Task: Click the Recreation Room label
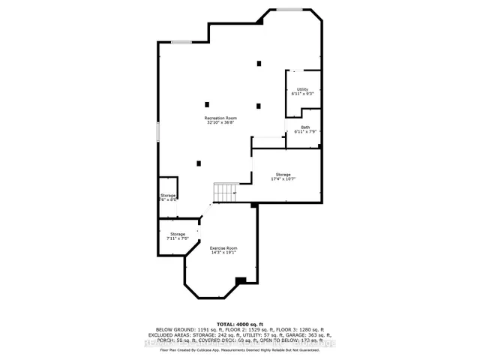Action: click(x=222, y=118)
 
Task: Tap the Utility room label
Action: click(x=302, y=89)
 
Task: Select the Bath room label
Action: click(x=305, y=127)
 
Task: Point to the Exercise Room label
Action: click(x=223, y=247)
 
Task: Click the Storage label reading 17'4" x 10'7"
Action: click(x=283, y=175)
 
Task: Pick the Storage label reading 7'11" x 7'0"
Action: click(x=177, y=234)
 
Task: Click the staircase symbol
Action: click(x=224, y=193)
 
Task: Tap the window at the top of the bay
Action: click(x=289, y=10)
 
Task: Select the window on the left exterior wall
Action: click(x=157, y=130)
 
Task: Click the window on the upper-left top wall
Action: click(x=181, y=43)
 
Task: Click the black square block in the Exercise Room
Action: click(x=240, y=281)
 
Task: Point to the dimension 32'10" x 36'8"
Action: click(x=222, y=123)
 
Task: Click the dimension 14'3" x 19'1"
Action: click(x=223, y=253)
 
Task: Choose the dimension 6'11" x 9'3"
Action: click(x=302, y=94)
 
